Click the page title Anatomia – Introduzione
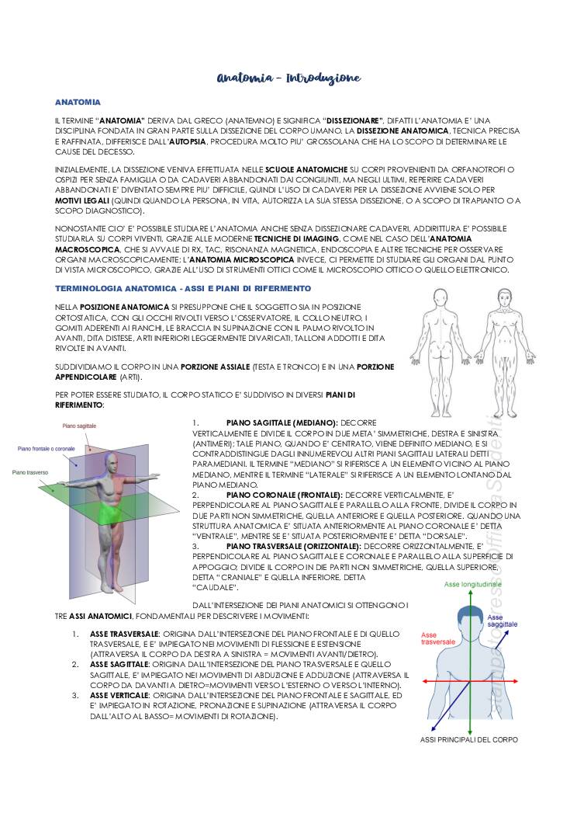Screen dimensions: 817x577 pos(288,78)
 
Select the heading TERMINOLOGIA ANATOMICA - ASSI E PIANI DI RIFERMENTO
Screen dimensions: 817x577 pos(160,288)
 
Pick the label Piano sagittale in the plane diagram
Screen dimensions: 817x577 pos(80,426)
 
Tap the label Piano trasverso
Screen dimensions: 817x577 pos(30,471)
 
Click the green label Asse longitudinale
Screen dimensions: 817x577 pos(472,584)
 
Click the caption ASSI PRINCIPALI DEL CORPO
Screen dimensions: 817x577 pos(469,739)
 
